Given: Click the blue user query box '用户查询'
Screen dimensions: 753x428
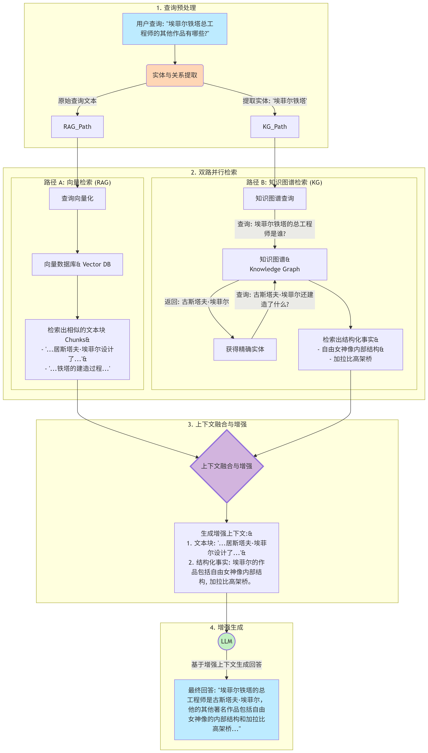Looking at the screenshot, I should click(175, 29).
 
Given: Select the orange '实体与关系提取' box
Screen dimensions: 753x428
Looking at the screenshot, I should click(175, 75).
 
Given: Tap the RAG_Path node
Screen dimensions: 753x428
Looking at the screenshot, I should click(77, 127).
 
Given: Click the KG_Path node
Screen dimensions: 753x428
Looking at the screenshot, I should click(275, 127).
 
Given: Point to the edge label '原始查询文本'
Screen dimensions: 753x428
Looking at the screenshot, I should click(77, 101).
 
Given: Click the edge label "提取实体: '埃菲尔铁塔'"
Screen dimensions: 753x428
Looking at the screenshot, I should click(275, 101).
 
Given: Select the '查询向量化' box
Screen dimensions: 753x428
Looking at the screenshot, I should click(77, 198).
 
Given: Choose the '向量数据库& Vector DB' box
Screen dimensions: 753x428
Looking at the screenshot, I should click(77, 264).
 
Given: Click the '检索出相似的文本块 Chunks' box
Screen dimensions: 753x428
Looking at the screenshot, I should click(77, 349).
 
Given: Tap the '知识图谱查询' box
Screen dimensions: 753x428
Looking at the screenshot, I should click(275, 198).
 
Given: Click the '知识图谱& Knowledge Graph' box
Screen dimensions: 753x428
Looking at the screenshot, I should click(275, 264).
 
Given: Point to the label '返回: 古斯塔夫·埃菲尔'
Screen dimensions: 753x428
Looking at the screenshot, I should click(197, 302).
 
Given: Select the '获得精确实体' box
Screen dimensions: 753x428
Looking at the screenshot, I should click(245, 349).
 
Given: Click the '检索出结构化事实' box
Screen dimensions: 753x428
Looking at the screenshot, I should click(350, 349).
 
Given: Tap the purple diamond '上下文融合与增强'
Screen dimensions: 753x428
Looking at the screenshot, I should click(227, 466).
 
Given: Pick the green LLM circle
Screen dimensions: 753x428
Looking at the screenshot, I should click(227, 641).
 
